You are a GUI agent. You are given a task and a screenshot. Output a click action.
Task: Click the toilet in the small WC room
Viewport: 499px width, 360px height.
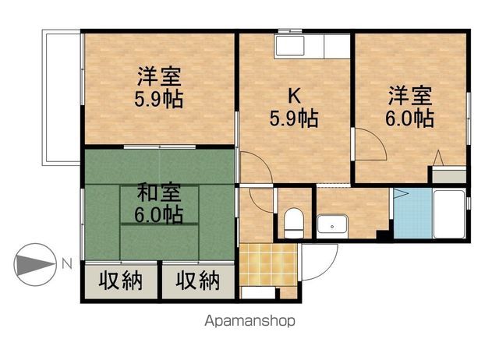tap(294, 223)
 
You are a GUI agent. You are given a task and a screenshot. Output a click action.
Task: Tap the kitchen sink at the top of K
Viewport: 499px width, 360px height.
tap(290, 46)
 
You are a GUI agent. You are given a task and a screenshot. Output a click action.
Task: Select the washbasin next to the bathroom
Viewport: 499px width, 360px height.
tap(332, 227)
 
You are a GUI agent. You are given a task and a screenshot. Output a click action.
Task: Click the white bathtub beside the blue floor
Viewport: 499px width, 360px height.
tap(449, 214)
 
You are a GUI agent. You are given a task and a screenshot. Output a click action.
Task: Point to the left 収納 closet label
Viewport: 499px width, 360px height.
tap(120, 281)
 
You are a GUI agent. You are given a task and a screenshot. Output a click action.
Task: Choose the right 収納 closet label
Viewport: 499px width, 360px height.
tap(198, 281)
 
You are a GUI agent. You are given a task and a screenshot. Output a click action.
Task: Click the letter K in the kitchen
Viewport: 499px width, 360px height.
tap(294, 95)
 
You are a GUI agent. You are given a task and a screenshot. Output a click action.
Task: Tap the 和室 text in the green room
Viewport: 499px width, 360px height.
tap(159, 192)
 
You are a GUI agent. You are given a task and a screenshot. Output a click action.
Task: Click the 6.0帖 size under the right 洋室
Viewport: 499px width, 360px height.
tap(409, 118)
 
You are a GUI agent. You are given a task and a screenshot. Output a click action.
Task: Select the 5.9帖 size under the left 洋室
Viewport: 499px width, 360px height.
tap(158, 99)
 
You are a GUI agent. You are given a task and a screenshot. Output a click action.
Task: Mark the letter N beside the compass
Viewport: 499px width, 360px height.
tap(67, 263)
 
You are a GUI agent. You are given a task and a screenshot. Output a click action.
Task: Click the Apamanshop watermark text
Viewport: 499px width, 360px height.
tap(249, 320)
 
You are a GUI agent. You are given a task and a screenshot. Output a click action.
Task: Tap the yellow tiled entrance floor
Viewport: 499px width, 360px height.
tap(268, 265)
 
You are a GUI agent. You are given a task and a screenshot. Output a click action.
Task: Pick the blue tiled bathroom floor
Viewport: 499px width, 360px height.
tap(412, 214)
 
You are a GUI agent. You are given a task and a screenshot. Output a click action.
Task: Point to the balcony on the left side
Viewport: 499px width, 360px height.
tap(61, 97)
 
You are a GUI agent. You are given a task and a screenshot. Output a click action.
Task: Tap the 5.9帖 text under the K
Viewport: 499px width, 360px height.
tap(294, 118)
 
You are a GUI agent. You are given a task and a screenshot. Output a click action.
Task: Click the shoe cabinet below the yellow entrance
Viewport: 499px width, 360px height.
tap(258, 292)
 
